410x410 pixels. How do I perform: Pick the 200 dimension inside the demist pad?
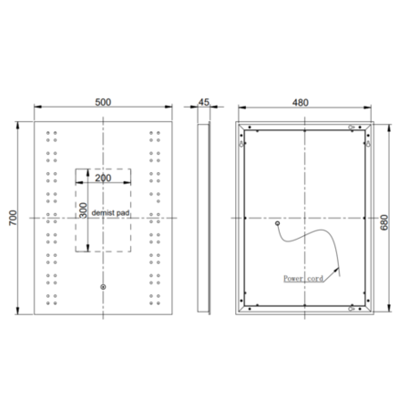(x=103, y=179)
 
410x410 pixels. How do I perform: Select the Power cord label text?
(x=302, y=280)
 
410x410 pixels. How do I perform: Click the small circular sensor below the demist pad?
(x=103, y=289)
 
